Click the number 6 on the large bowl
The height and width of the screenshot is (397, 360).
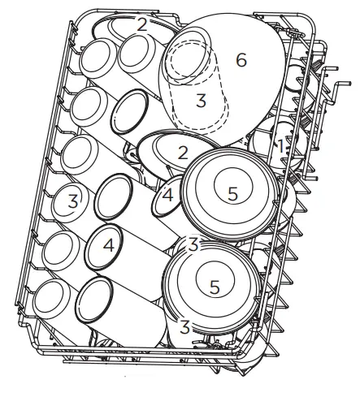tap(240, 59)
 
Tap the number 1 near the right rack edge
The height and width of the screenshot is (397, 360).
tap(280, 146)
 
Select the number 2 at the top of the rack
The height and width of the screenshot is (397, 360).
tap(142, 24)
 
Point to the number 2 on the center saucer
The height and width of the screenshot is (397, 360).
tap(184, 152)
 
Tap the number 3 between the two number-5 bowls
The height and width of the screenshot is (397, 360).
tap(193, 244)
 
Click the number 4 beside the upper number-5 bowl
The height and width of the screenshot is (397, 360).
tap(167, 196)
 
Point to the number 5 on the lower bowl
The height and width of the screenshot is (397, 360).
tap(215, 286)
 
